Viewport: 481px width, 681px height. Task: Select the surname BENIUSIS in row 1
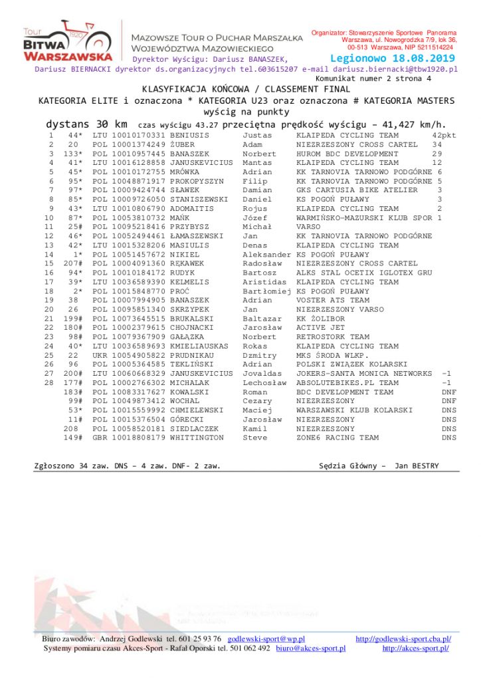click(193, 135)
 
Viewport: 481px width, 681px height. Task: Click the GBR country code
click(100, 438)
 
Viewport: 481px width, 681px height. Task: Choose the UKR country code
click(100, 356)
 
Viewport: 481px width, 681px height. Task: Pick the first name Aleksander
click(266, 255)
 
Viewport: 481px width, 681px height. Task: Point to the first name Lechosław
click(264, 383)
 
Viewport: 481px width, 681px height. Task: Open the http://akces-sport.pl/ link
click(415, 648)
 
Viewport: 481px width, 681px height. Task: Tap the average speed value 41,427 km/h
click(412, 124)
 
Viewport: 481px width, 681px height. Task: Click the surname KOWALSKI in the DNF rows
click(191, 392)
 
